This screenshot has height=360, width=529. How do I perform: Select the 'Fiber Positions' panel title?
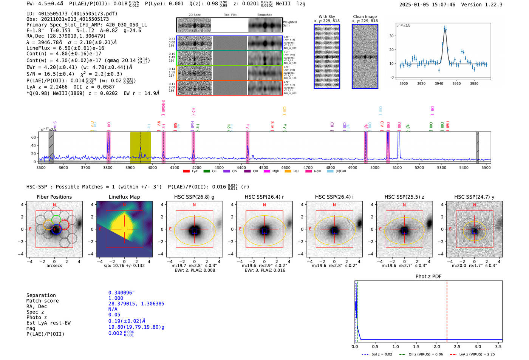(54, 197)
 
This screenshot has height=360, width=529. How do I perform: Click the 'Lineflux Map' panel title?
(124, 197)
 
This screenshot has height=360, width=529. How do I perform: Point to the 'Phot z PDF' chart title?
(428, 277)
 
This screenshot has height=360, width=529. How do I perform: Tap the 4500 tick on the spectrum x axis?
(263, 168)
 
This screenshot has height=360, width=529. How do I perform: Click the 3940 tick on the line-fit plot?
(439, 83)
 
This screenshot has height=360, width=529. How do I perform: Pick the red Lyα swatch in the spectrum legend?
(186, 171)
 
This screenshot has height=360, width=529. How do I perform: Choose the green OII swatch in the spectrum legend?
(207, 171)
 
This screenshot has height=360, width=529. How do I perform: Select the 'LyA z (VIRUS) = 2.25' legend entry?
(477, 354)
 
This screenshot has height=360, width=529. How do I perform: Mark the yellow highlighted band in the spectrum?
(140, 147)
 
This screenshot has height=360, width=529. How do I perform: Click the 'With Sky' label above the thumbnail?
(327, 17)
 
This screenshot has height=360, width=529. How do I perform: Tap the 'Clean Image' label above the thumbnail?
(365, 17)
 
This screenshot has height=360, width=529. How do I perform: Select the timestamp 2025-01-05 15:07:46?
(427, 5)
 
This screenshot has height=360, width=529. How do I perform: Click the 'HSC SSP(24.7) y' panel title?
(474, 197)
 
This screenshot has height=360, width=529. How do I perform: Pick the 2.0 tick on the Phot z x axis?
(436, 346)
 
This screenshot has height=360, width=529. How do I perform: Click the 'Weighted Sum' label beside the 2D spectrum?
(290, 24)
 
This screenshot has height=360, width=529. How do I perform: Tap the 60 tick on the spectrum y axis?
(34, 138)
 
